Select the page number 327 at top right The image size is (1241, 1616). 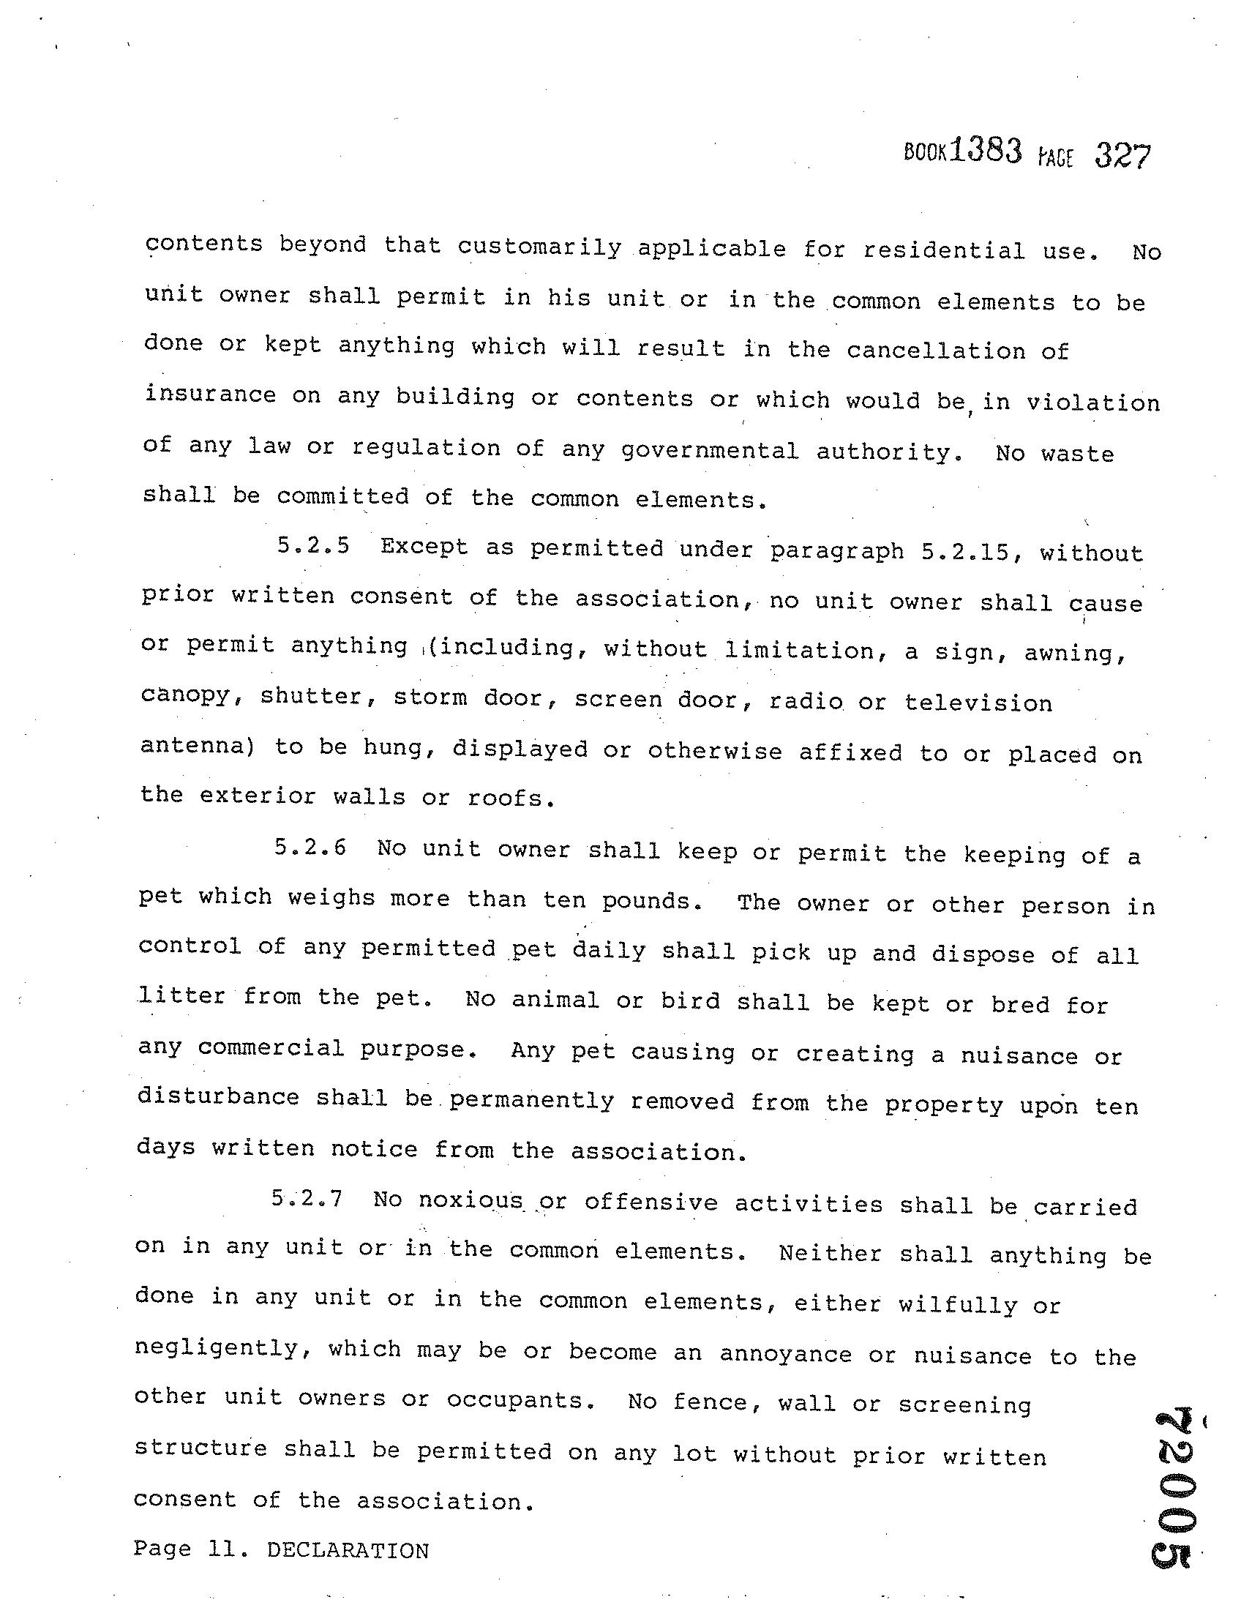pyautogui.click(x=1122, y=157)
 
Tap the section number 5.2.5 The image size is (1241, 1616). pyautogui.click(x=313, y=546)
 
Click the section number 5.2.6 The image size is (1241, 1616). pyautogui.click(x=310, y=847)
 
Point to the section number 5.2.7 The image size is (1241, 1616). pyautogui.click(x=307, y=1198)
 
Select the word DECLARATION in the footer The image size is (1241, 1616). pyautogui.click(x=348, y=1550)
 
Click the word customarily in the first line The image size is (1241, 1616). pyautogui.click(x=539, y=247)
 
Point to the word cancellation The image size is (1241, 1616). pyautogui.click(x=936, y=350)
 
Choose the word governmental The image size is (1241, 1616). pyautogui.click(x=710, y=450)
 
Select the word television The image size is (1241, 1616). pyautogui.click(x=979, y=702)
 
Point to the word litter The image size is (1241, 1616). pyautogui.click(x=181, y=996)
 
